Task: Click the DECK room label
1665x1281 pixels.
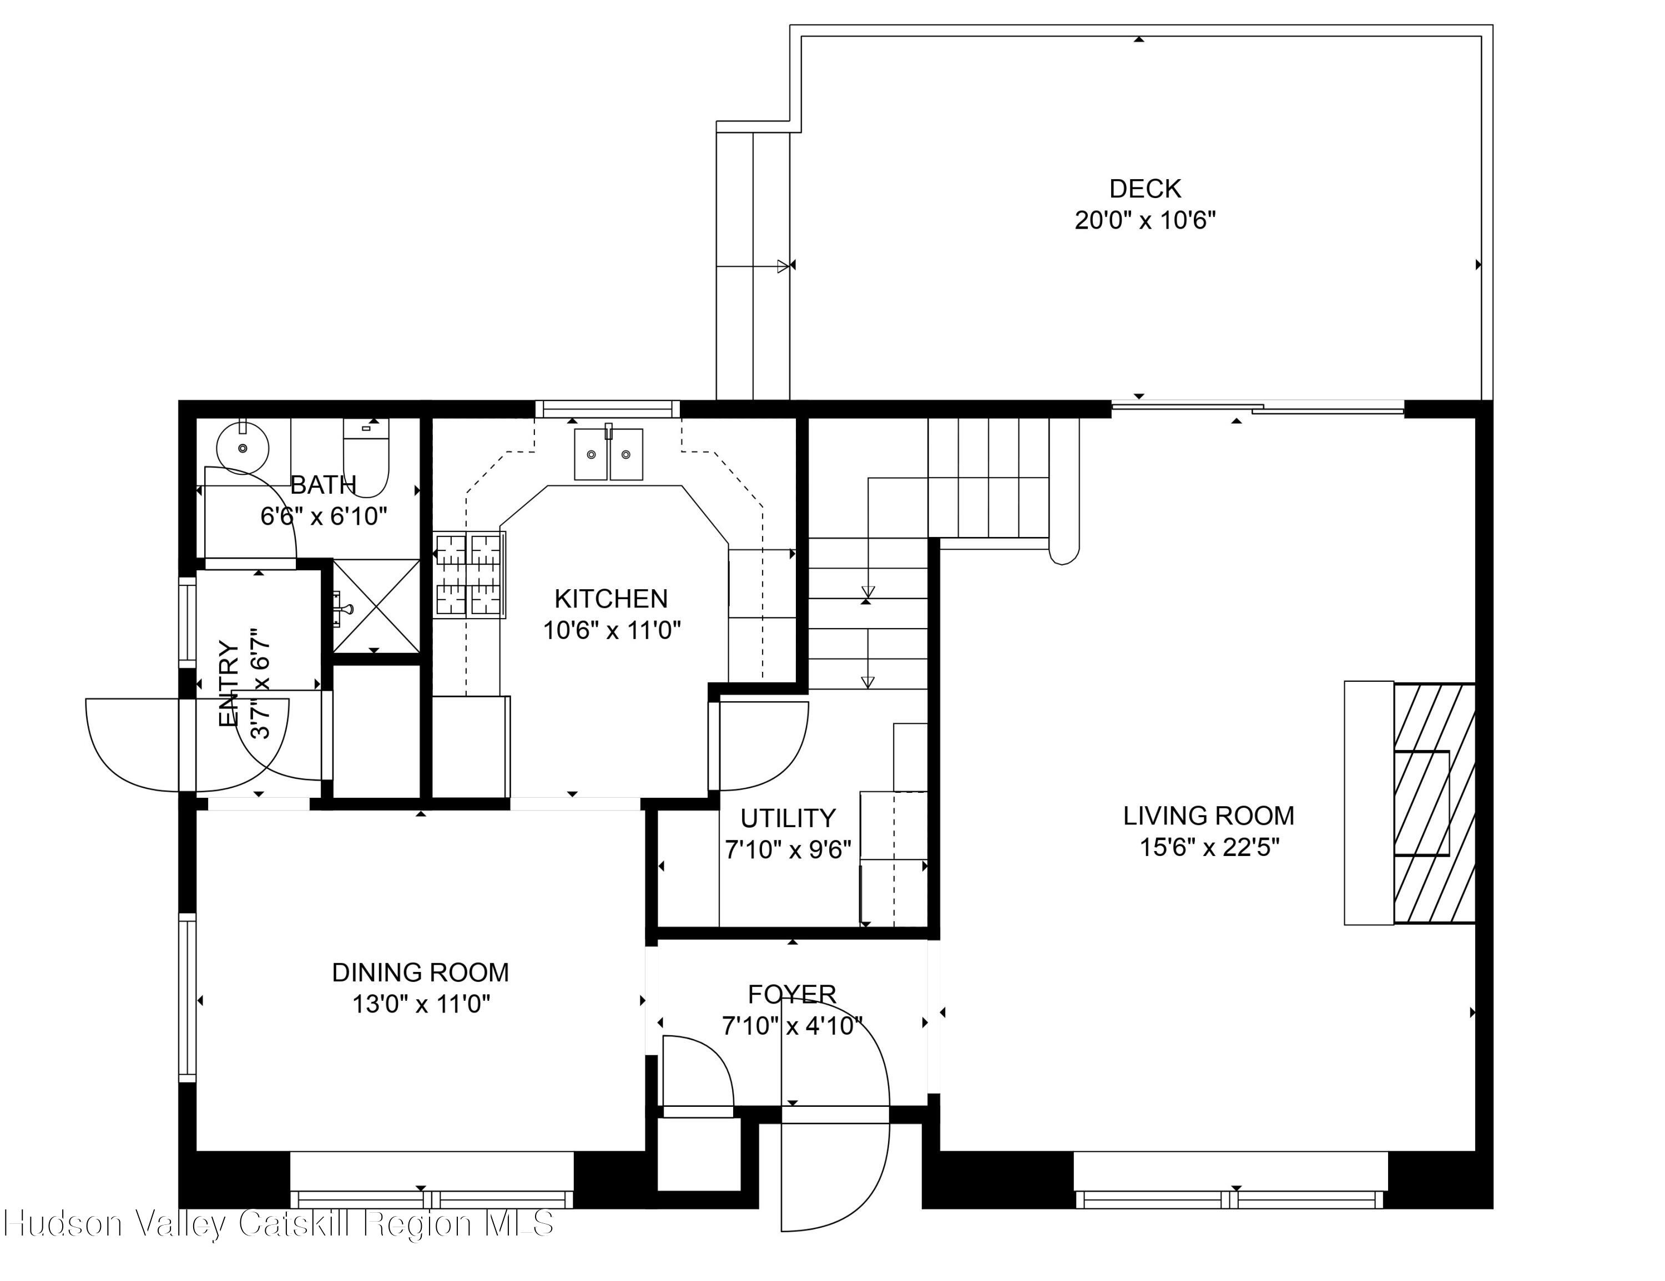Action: pos(1144,188)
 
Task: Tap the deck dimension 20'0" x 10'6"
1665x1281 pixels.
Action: pos(1144,221)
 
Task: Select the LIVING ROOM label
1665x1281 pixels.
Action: pos(1208,816)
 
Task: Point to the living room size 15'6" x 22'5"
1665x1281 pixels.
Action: pos(1208,847)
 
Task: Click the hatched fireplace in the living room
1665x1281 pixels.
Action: pos(1433,804)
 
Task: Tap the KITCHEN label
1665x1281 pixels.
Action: pos(610,599)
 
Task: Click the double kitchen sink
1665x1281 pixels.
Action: pos(608,454)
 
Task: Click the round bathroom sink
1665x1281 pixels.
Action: pos(243,449)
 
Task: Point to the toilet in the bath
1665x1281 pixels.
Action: pos(367,458)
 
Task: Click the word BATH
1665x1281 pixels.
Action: pos(323,485)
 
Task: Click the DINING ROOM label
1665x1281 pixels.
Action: pos(420,973)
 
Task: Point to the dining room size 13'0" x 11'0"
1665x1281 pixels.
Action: pos(420,1004)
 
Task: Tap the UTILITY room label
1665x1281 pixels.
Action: pos(788,818)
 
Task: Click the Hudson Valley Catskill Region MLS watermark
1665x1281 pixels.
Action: pos(278,1224)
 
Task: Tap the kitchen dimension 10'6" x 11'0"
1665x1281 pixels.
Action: pos(610,631)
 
